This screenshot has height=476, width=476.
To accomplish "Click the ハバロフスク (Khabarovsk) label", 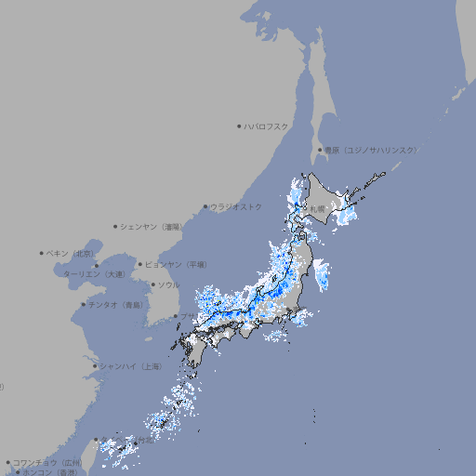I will tap(267, 126).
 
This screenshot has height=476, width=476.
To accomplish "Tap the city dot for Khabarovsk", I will tap(240, 126).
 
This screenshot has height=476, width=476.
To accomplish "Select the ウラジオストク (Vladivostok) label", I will tap(236, 206).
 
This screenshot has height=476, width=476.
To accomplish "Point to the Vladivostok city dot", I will tap(206, 206).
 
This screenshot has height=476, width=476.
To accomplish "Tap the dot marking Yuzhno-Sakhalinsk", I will tap(320, 150).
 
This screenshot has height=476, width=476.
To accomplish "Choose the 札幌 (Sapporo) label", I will tap(318, 209).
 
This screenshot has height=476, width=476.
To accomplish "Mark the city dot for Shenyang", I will tap(116, 226).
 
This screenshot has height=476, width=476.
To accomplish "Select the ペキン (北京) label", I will tap(71, 253).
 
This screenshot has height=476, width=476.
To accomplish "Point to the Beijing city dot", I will tap(42, 253).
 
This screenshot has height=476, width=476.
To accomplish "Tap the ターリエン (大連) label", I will tap(94, 274).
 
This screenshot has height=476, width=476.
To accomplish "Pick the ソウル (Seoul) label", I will tap(168, 284).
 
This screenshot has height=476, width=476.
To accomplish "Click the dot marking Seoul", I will tap(152, 284).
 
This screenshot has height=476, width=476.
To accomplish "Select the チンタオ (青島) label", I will tap(115, 305).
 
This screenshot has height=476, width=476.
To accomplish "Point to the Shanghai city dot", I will tap(95, 366).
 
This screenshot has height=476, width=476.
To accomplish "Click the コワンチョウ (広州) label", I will tap(46, 462).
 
